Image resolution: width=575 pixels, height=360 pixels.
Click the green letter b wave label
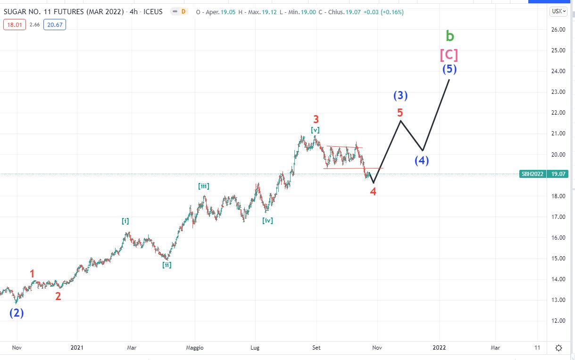tap(450, 36)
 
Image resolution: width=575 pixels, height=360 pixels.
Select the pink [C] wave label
tap(449, 55)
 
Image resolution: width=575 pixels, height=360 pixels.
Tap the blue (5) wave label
tap(449, 69)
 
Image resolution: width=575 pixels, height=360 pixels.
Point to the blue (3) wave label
tap(400, 95)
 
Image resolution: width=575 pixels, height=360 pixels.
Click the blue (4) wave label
tap(422, 160)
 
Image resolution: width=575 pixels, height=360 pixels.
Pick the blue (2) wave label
tap(17, 313)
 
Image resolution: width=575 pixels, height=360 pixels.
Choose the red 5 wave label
tap(400, 113)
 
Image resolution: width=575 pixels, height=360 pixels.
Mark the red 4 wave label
tap(373, 192)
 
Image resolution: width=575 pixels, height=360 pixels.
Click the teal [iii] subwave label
tap(204, 186)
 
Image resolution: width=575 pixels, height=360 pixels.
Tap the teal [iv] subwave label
tap(267, 220)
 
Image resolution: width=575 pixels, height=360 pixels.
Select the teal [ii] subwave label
tap(167, 265)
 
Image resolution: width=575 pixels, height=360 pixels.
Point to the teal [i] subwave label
tap(125, 221)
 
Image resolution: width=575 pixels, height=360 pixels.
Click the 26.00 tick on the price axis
tap(558, 30)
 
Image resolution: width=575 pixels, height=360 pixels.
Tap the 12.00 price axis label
tap(558, 321)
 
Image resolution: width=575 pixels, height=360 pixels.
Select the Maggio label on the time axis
tap(194, 348)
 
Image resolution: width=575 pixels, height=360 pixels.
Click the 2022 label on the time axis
tap(440, 348)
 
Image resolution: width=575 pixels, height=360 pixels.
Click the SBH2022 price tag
tap(533, 174)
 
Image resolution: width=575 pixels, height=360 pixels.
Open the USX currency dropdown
tap(558, 11)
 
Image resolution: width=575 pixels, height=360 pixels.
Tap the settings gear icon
tap(559, 348)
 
